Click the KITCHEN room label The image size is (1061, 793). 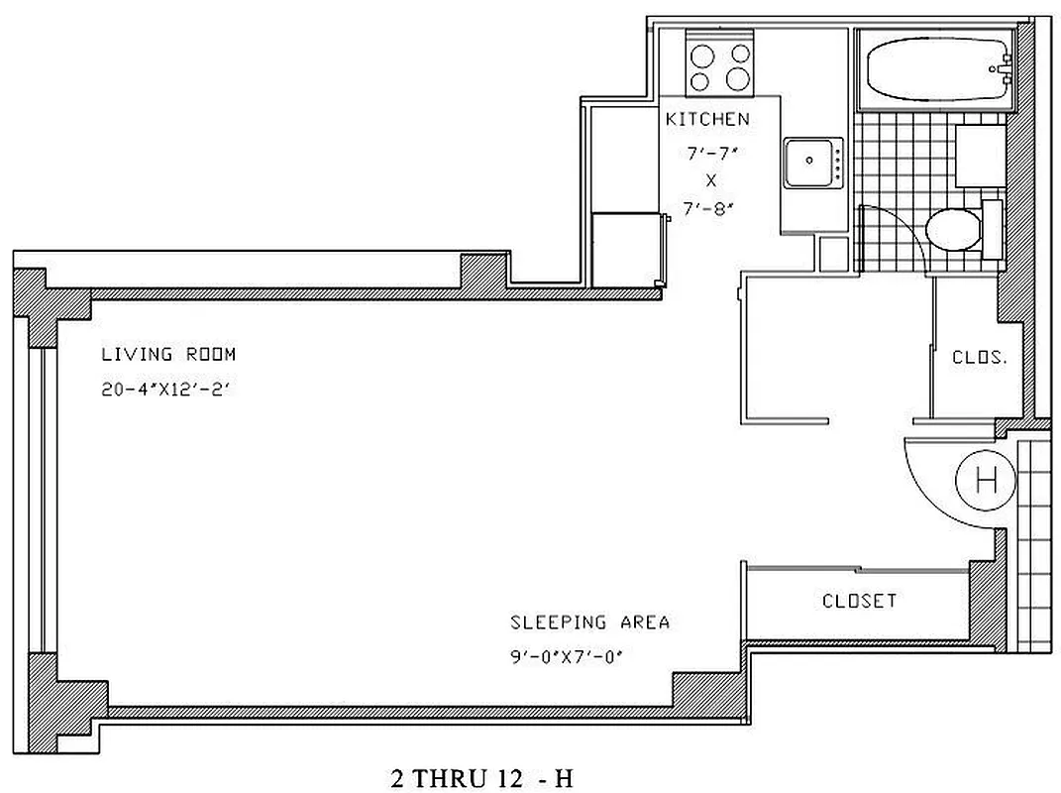707,120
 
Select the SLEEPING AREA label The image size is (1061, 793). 589,623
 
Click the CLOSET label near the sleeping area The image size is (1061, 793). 859,601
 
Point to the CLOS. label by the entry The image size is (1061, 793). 980,358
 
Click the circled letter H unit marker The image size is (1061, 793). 985,482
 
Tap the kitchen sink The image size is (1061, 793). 811,163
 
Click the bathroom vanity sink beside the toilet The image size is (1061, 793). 980,156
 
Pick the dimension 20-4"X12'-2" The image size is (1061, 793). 165,390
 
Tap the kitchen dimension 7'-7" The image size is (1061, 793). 709,154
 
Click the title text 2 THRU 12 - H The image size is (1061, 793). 480,771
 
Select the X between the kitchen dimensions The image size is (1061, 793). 709,181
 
